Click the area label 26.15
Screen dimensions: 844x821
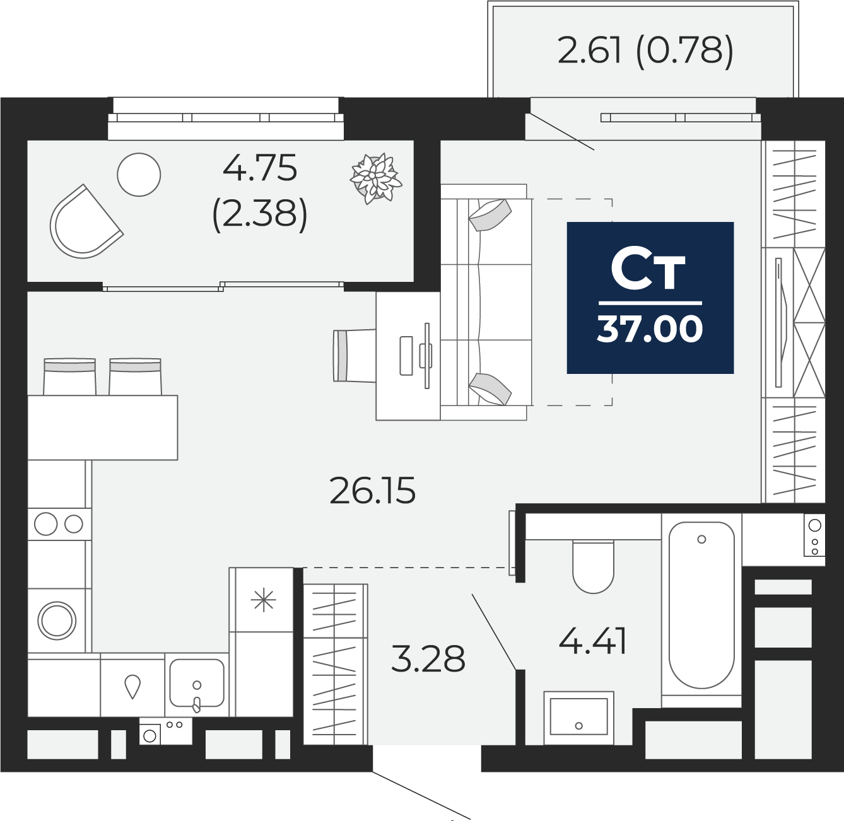tap(373, 490)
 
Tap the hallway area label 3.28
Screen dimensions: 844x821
tap(428, 658)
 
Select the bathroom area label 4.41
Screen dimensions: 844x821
tap(592, 641)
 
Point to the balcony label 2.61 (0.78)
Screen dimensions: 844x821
tap(645, 50)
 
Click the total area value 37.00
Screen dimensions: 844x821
tap(650, 329)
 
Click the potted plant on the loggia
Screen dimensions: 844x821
tap(375, 178)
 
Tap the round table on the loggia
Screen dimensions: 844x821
tap(139, 175)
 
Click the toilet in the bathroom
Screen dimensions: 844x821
tap(594, 566)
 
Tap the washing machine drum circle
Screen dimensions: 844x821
tap(57, 620)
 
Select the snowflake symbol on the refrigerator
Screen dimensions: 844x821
tap(263, 600)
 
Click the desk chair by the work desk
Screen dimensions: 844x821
tap(355, 356)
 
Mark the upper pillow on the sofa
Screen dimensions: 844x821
tap(489, 215)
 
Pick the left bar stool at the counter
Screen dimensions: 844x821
tap(69, 376)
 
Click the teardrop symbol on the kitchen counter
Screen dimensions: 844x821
tap(132, 687)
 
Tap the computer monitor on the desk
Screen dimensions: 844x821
tap(427, 356)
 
